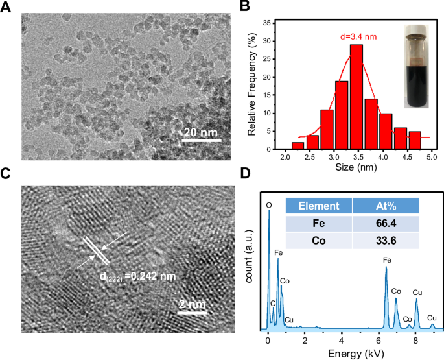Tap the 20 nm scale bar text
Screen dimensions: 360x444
pyautogui.click(x=201, y=132)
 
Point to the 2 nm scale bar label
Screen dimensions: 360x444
pyautogui.click(x=191, y=304)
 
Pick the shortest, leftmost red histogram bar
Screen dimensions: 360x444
pyautogui.click(x=298, y=146)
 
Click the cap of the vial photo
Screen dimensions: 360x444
pyautogui.click(x=415, y=30)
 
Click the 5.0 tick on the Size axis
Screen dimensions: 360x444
pyautogui.click(x=431, y=158)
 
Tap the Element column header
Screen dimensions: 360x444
pyautogui.click(x=318, y=206)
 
